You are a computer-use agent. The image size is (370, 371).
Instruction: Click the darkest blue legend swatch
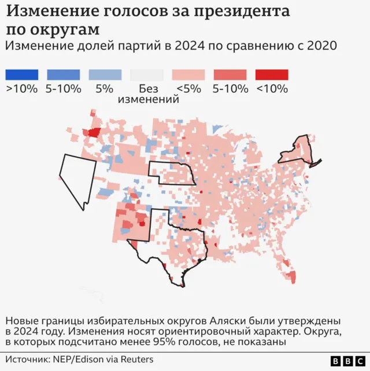(x=21, y=75)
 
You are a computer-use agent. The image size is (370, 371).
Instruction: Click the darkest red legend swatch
(x=272, y=75)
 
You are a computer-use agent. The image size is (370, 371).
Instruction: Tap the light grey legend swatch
(x=147, y=75)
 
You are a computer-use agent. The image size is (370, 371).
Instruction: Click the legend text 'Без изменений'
(x=148, y=94)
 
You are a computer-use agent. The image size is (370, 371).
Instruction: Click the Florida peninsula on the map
(x=291, y=272)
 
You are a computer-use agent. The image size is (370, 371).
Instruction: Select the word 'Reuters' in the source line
(x=136, y=359)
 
